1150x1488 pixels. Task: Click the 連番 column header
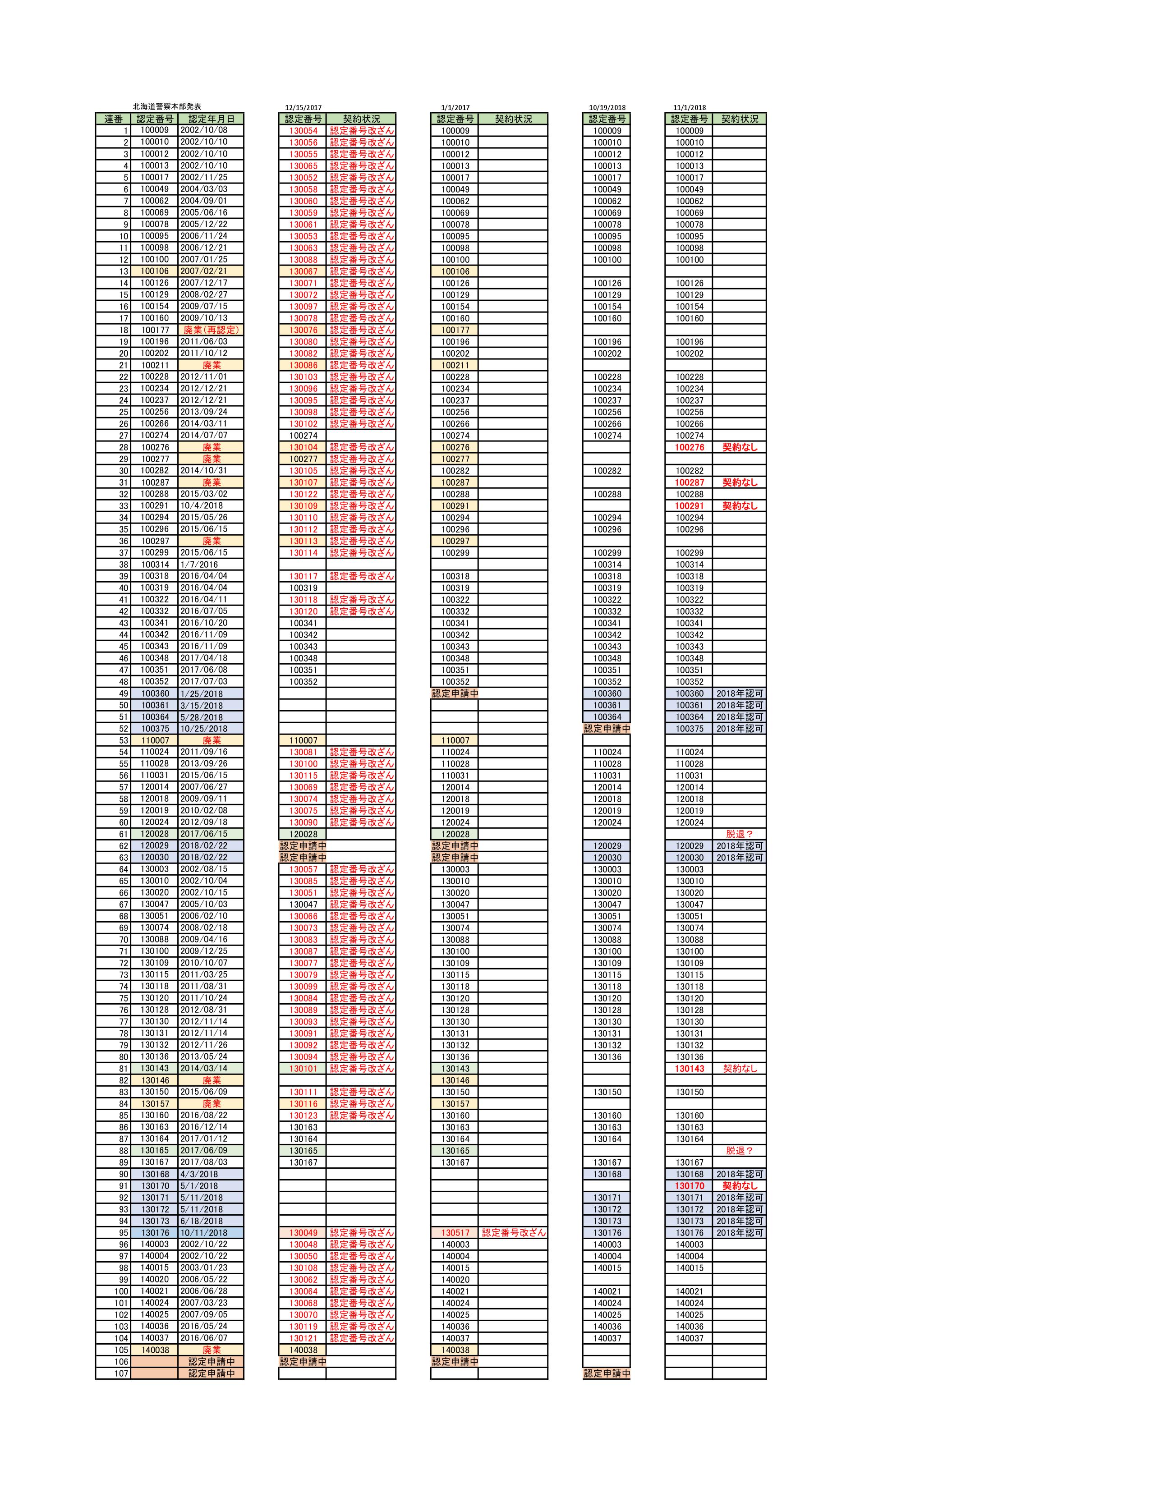[113, 119]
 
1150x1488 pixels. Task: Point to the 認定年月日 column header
[211, 119]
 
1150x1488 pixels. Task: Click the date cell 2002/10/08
[204, 130]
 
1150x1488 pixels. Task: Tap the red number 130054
[303, 131]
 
